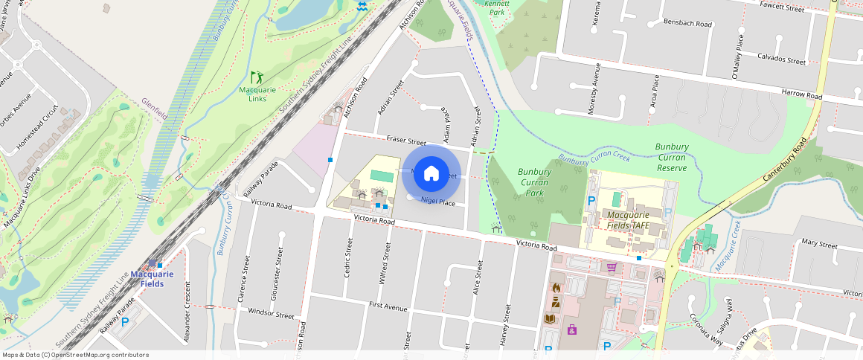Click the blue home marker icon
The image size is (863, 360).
pos(431,174)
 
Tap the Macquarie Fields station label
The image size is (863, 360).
pos(152,278)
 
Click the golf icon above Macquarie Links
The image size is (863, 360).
pos(257,77)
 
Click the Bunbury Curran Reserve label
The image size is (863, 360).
pos(672,157)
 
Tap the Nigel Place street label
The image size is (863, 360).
pos(437,202)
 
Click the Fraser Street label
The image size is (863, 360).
pos(405,140)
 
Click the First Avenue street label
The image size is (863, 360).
pos(388,306)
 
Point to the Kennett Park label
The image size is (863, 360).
pos(496,7)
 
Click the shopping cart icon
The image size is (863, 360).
pos(612,267)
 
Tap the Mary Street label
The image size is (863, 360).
pos(819,244)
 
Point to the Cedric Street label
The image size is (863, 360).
pos(348,258)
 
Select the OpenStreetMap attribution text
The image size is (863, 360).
pos(74,355)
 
